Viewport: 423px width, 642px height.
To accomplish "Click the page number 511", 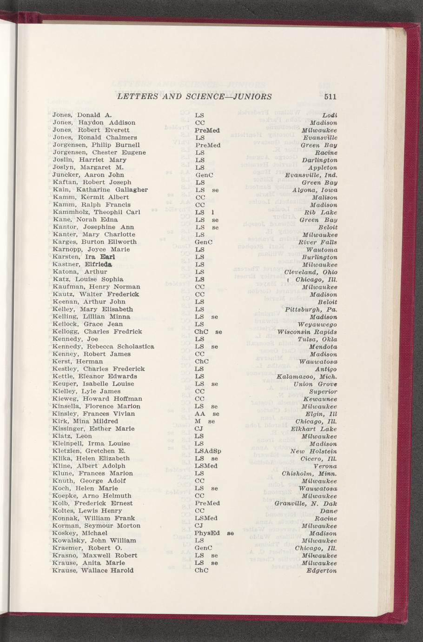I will tap(330, 97).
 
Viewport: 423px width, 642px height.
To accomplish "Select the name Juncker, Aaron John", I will tap(88, 175).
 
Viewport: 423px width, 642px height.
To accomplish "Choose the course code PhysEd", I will tap(207, 533).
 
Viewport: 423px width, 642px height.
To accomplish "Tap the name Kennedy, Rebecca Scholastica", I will tap(104, 347).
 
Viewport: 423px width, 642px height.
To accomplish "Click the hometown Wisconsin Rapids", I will tap(307, 332).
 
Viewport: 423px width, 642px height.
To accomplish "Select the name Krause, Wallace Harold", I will tap(93, 570).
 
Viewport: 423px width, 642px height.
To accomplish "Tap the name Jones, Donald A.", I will tap(82, 115).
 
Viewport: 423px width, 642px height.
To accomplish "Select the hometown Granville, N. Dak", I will tap(306, 503).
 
